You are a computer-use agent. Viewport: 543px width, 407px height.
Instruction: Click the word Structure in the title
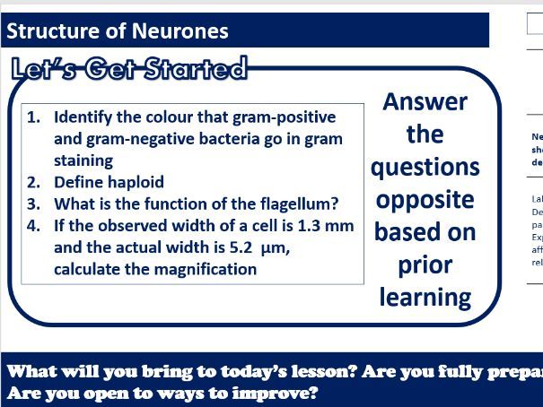(45, 31)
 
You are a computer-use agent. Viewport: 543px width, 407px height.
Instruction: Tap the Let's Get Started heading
(129, 69)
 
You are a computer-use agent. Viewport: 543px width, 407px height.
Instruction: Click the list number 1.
(34, 117)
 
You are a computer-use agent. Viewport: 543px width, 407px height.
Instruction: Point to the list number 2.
(34, 182)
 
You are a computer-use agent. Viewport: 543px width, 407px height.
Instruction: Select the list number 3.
(34, 203)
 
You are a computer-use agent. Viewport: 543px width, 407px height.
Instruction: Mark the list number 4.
(34, 225)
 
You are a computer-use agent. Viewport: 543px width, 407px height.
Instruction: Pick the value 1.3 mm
(325, 225)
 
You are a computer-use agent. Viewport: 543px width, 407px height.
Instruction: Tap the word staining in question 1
(83, 160)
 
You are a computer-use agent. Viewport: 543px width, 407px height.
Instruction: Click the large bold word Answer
(425, 101)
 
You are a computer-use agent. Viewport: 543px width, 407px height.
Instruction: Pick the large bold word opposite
(425, 199)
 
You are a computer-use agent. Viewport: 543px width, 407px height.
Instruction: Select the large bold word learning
(425, 297)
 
